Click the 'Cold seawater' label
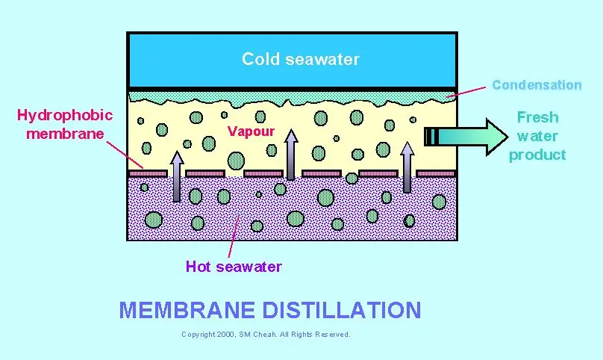[x=300, y=59]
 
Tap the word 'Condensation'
[x=536, y=85]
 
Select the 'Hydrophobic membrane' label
[x=65, y=124]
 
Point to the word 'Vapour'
[x=251, y=131]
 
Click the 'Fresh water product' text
[x=537, y=136]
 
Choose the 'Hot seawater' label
[x=234, y=267]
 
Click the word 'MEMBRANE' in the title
[x=188, y=310]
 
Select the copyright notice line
[x=266, y=334]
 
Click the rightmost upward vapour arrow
[x=407, y=173]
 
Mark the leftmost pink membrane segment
[x=148, y=173]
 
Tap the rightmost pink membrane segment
[x=436, y=173]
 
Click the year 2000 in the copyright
[x=225, y=334]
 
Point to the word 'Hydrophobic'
[x=65, y=115]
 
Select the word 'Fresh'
[x=537, y=117]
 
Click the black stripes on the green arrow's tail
[x=431, y=136]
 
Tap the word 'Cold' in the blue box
[x=258, y=59]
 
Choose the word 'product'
[x=537, y=155]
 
